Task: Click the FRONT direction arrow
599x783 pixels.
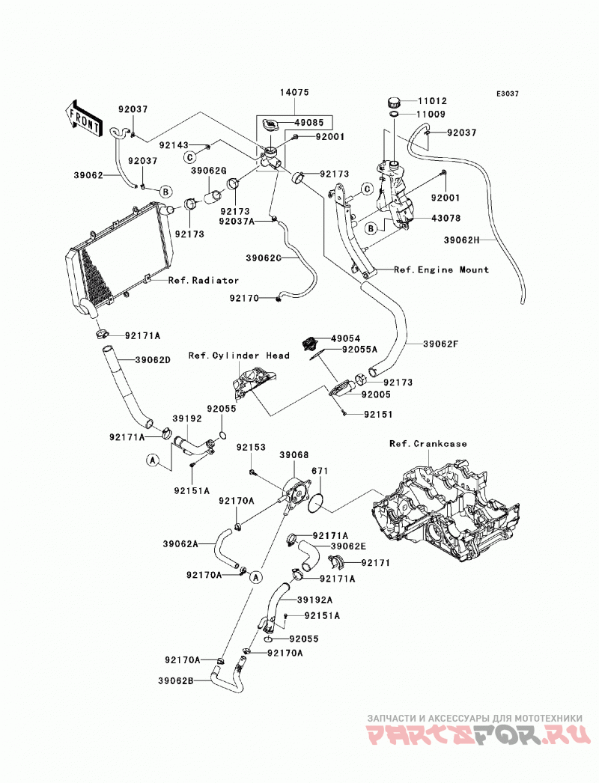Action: (84, 119)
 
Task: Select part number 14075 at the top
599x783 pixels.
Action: (294, 92)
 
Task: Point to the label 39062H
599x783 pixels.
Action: (461, 240)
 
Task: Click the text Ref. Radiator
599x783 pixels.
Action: (204, 281)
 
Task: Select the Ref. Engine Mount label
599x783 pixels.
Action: (441, 269)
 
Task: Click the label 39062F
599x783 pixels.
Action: (440, 344)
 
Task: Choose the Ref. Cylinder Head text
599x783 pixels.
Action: (239, 356)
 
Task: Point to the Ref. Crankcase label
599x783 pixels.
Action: (428, 443)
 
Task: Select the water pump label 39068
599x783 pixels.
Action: (294, 455)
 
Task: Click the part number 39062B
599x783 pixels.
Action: (177, 680)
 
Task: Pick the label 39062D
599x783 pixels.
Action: (153, 359)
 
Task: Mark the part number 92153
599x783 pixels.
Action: (251, 448)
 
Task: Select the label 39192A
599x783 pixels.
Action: (314, 600)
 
